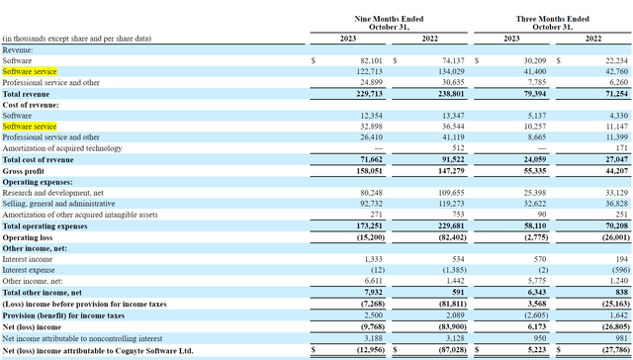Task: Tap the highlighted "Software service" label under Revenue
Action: [30, 72]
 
